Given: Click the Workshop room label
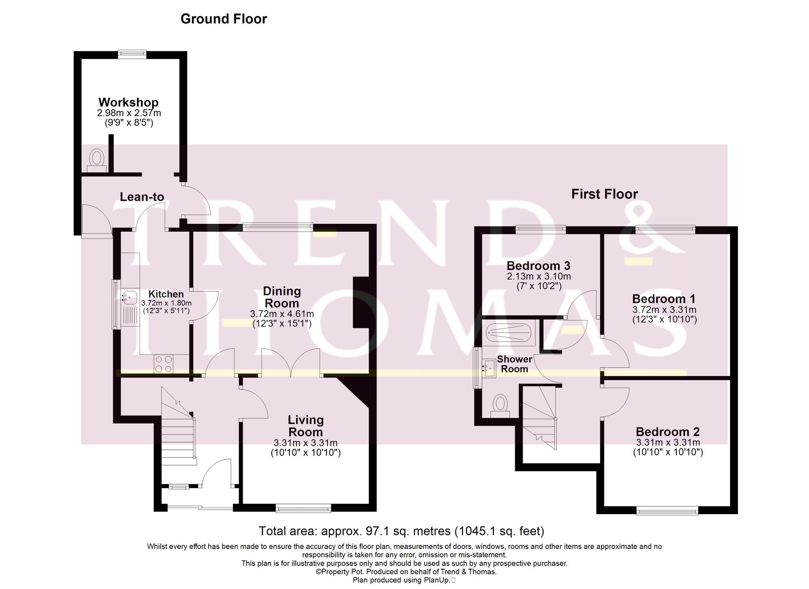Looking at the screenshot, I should click(x=128, y=102).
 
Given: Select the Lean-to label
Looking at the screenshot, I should click(x=142, y=197).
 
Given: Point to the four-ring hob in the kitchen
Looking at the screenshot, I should click(x=163, y=363).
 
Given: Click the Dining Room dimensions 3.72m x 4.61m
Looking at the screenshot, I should click(x=282, y=314).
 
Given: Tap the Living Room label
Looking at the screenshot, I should click(x=305, y=426).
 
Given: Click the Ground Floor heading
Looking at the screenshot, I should click(x=224, y=19).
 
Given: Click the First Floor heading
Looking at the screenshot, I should click(x=604, y=194).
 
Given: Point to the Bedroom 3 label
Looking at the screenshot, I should click(x=538, y=266).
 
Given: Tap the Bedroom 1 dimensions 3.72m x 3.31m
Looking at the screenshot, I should click(x=664, y=310).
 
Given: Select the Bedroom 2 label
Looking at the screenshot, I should click(x=667, y=432).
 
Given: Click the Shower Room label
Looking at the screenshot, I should click(x=514, y=364).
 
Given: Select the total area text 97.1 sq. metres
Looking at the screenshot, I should click(x=401, y=531).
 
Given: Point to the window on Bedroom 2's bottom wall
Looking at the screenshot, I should click(x=667, y=512).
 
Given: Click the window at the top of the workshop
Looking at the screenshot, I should click(x=132, y=53).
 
